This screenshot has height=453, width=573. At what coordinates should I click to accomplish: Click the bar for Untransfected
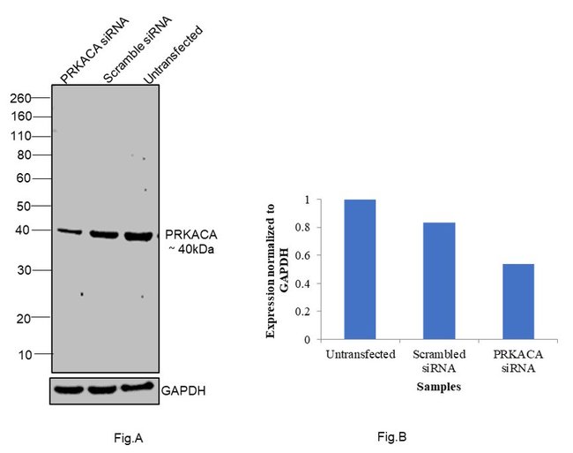(x=360, y=269)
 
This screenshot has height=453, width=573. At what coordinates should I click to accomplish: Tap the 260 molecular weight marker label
(x=20, y=99)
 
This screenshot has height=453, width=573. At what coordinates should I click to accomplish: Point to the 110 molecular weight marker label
(x=20, y=136)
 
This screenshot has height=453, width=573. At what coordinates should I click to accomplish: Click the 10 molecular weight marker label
(x=25, y=354)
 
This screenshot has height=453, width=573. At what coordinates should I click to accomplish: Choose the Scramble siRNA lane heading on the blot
(x=126, y=49)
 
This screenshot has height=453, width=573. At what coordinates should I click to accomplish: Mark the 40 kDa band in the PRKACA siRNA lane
(x=69, y=231)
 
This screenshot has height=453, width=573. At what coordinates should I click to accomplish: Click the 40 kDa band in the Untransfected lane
(x=138, y=236)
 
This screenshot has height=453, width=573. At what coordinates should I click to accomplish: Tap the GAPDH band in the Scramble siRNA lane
(x=104, y=389)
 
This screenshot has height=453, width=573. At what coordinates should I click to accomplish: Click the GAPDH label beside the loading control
(x=184, y=389)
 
